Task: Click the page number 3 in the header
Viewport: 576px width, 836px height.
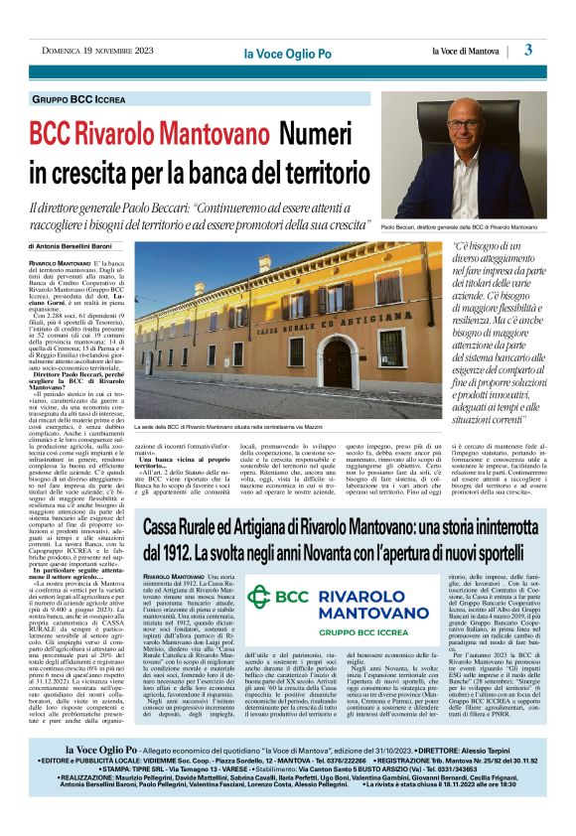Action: [528, 50]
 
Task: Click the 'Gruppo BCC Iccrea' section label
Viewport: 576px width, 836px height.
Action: [91, 100]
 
